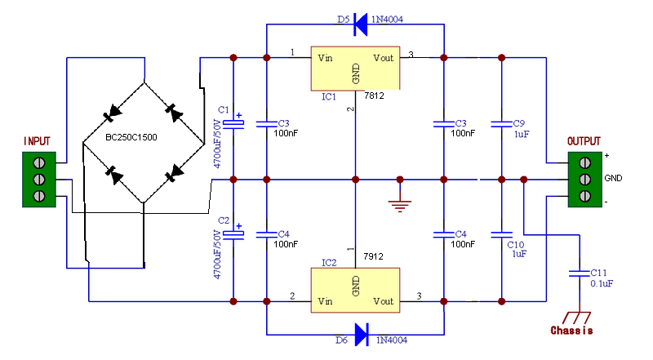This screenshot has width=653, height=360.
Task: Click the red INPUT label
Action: coord(38,140)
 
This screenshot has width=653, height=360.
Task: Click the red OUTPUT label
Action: coord(584,140)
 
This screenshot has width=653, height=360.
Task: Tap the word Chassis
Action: coord(571,331)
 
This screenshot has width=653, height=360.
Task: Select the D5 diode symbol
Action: coord(359,25)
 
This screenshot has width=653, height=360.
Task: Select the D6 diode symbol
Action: coord(359,333)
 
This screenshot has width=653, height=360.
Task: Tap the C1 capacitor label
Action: coord(223,109)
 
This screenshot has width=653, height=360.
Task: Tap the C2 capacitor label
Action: coord(223,220)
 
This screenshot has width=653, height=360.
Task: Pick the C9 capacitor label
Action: coord(519,123)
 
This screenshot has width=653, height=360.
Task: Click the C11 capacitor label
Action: coord(599,272)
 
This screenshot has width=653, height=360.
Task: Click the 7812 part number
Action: coord(374,96)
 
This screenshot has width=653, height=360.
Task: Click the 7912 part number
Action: coord(374,256)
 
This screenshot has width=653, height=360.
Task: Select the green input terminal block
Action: coord(38,179)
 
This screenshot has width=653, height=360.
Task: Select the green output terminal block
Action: coord(584,179)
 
